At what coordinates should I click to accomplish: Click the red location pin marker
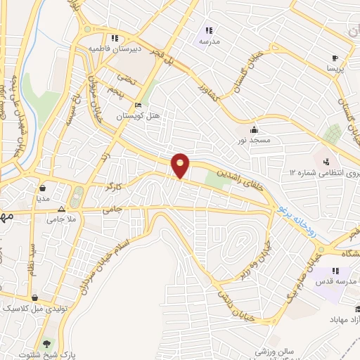pos(181,165)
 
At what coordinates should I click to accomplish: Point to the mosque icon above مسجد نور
pos(253,130)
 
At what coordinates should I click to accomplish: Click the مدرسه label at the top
pos(209,41)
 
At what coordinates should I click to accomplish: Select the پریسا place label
pos(334,70)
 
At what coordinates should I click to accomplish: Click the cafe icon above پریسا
pos(335,58)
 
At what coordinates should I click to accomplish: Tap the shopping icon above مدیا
pos(44,188)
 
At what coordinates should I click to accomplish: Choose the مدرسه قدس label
pos(337,282)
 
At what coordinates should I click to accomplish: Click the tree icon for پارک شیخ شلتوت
pos(47,344)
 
